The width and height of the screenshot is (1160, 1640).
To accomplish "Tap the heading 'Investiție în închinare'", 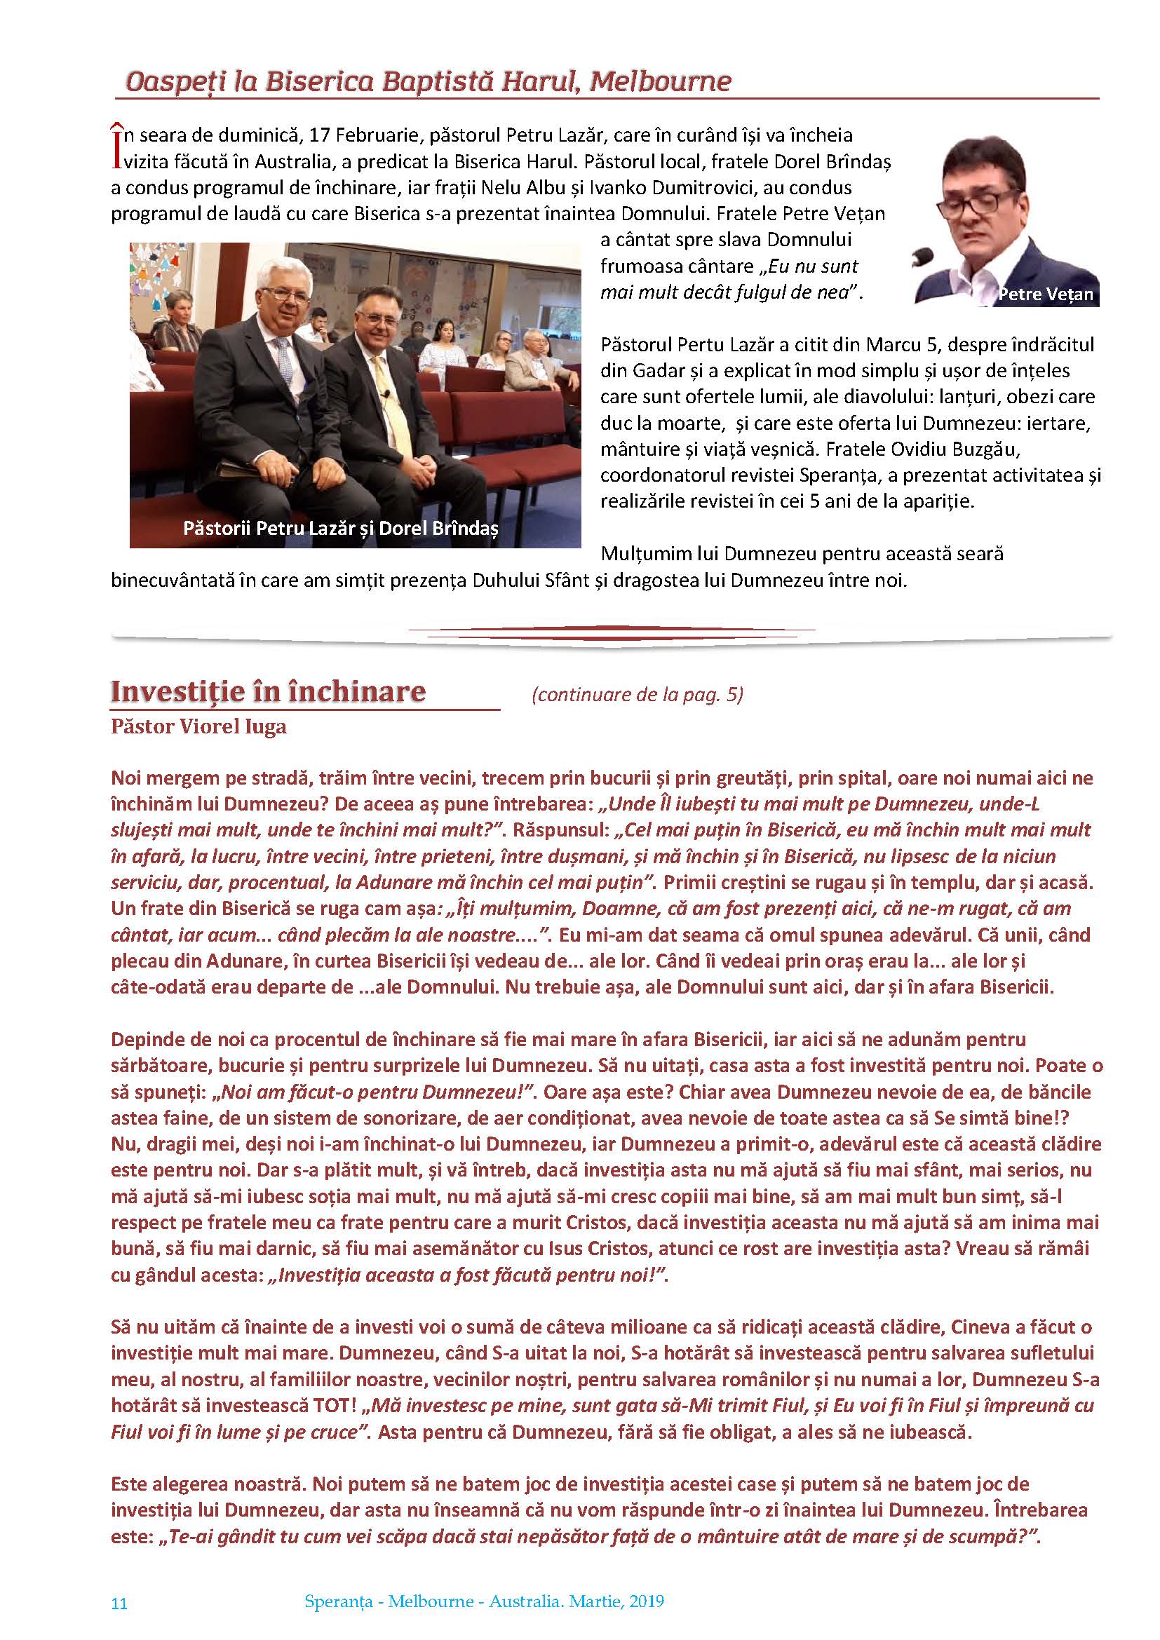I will click(x=268, y=691).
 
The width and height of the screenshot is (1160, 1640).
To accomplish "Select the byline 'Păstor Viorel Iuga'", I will click(x=198, y=726).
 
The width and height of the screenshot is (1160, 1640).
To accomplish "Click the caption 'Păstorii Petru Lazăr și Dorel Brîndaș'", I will click(x=340, y=528).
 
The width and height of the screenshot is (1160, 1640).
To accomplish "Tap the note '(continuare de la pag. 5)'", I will click(x=637, y=694).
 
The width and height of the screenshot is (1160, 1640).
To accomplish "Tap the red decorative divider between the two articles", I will click(x=612, y=632).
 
